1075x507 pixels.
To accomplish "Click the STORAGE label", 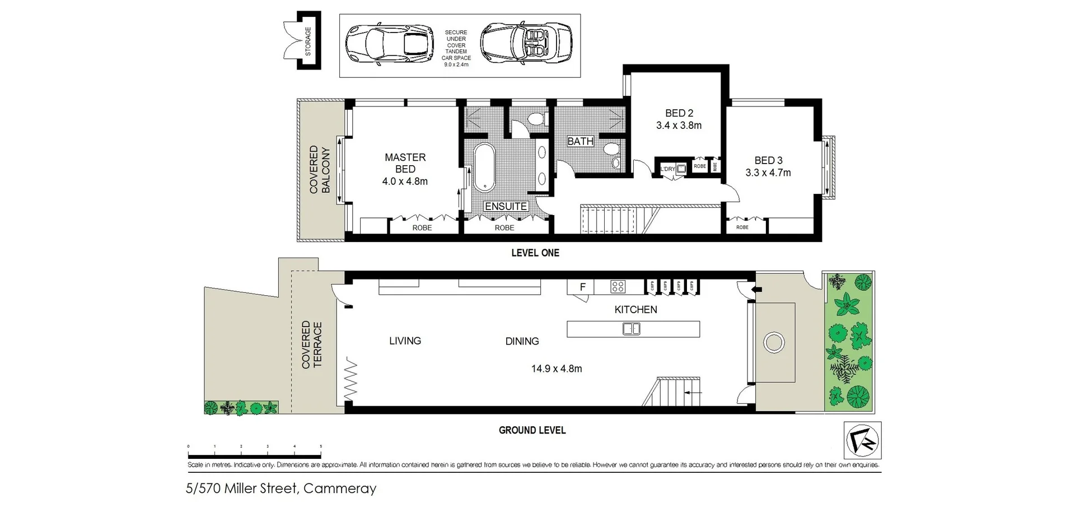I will [x=308, y=41].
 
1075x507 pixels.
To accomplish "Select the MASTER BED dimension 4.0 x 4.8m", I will [x=405, y=182].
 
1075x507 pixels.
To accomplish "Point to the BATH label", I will [x=580, y=141].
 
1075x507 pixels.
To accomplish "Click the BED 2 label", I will [x=679, y=113].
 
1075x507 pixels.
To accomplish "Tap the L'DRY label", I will [x=667, y=169].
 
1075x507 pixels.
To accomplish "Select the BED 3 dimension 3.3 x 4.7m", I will [x=768, y=173].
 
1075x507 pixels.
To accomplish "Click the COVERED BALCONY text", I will [x=320, y=170].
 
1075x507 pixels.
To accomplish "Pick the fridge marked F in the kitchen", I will [x=582, y=287].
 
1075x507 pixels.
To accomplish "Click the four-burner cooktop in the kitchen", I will [x=618, y=287].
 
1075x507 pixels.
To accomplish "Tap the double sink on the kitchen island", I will [x=632, y=329].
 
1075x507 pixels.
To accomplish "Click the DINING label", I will [x=522, y=341].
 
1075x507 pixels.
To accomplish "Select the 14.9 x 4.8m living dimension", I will [x=556, y=369].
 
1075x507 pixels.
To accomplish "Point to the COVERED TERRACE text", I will [x=312, y=345].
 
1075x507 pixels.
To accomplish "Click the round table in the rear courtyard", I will [x=774, y=342].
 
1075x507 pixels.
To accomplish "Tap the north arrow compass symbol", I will [x=862, y=440].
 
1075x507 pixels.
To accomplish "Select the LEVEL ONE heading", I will [x=535, y=253].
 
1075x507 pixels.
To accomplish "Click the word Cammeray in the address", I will [x=340, y=489].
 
